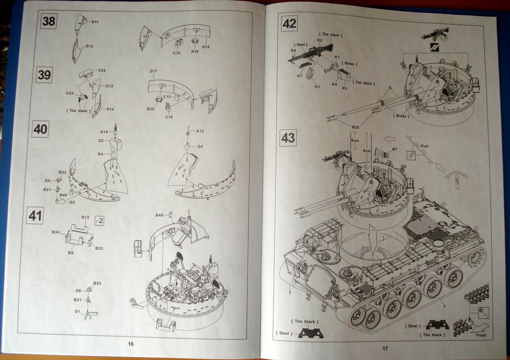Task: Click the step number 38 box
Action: pyautogui.click(x=49, y=21)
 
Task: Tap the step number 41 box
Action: pyautogui.click(x=35, y=216)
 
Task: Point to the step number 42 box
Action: pyautogui.click(x=289, y=23)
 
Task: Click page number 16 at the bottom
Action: pyautogui.click(x=131, y=344)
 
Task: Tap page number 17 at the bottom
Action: pyautogui.click(x=385, y=348)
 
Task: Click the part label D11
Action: pyautogui.click(x=96, y=22)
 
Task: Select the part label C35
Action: pyautogui.click(x=177, y=52)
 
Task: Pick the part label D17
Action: pyautogui.click(x=154, y=71)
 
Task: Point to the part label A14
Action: pyautogui.click(x=104, y=132)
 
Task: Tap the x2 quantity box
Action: pyautogui.click(x=99, y=221)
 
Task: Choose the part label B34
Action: pyautogui.click(x=55, y=232)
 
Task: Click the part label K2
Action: pyautogui.click(x=320, y=40)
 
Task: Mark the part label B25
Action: pyautogui.click(x=355, y=126)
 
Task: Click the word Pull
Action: pyautogui.click(x=425, y=145)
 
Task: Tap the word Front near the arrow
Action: pyautogui.click(x=481, y=335)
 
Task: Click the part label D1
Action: pyautogui.click(x=77, y=311)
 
